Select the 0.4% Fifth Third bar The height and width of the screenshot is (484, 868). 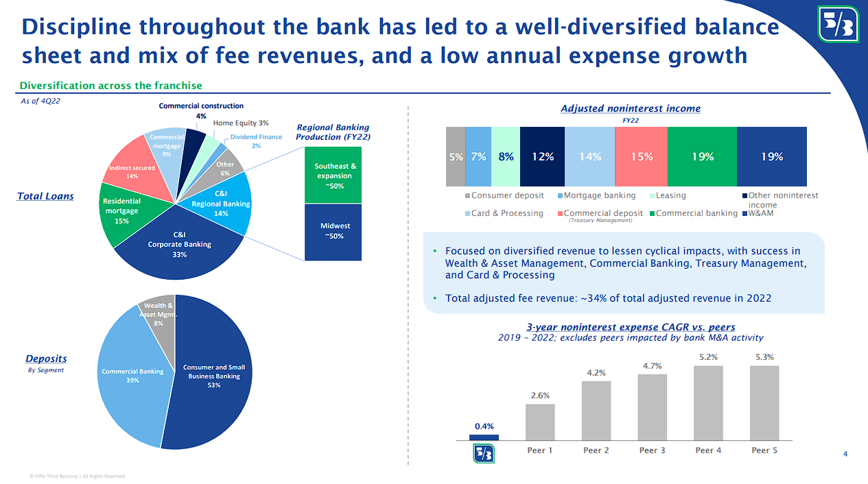tap(484, 437)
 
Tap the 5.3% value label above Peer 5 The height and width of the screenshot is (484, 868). tap(765, 357)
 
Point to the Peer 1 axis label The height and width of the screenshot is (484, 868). tap(540, 450)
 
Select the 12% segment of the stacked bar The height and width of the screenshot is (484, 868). tap(542, 157)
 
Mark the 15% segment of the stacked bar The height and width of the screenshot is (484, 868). tap(641, 157)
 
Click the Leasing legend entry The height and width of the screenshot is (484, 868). tap(666, 195)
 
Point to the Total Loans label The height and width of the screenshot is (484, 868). tap(45, 197)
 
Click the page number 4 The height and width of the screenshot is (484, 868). tap(845, 454)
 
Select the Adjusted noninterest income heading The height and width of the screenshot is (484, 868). tap(630, 108)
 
